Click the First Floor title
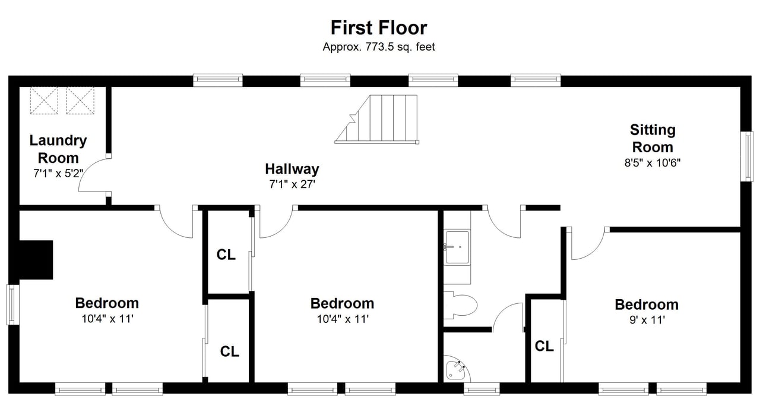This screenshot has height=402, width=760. (x=379, y=27)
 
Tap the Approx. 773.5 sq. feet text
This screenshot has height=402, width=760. (x=379, y=47)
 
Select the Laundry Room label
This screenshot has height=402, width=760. (x=58, y=149)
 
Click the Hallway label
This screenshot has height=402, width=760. (x=292, y=169)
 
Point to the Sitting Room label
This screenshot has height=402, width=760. (x=653, y=139)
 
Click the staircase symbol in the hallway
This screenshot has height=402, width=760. (x=377, y=120)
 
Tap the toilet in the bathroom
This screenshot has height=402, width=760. (x=460, y=305)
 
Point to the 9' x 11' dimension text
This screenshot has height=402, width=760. (x=647, y=320)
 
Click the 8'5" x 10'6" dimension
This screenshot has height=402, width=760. (x=653, y=163)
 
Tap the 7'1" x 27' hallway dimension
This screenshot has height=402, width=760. (x=292, y=184)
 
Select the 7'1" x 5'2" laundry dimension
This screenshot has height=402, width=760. (x=58, y=174)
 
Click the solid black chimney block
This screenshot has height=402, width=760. (x=36, y=260)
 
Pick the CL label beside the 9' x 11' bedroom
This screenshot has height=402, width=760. (x=544, y=346)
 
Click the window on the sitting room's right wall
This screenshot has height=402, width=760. (x=746, y=156)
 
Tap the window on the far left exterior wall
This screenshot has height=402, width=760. (x=13, y=304)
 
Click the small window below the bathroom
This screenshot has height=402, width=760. (x=482, y=389)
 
